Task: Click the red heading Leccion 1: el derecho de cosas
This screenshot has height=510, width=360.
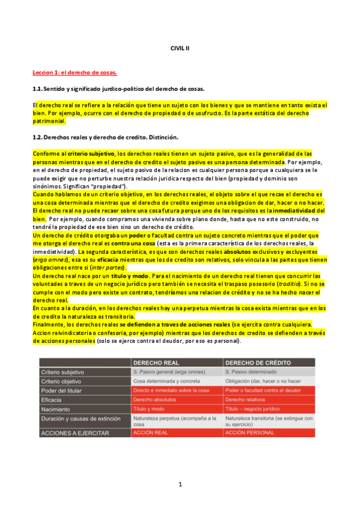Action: click(x=75, y=73)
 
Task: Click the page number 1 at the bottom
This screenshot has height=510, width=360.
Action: click(x=180, y=484)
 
